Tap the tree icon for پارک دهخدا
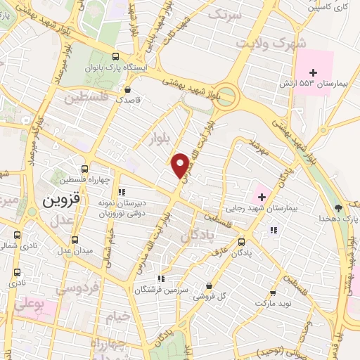(x=339, y=207)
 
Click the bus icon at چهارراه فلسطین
(x=84, y=169)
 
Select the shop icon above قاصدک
(x=127, y=89)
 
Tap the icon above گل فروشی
(x=209, y=286)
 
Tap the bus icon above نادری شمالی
(x=18, y=235)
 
